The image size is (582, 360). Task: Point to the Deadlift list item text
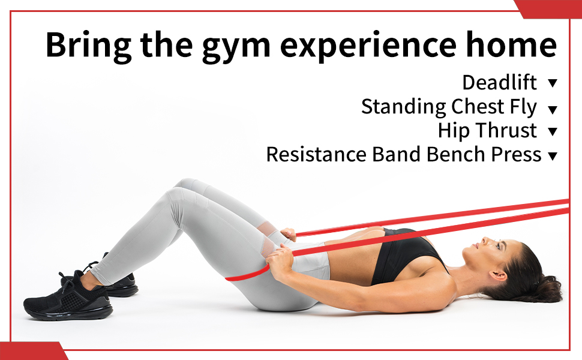[499, 82]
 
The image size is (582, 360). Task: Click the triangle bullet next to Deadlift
[553, 83]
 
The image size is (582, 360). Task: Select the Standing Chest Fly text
[449, 107]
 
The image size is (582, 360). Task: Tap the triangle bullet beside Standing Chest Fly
[553, 109]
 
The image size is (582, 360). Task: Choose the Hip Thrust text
[487, 131]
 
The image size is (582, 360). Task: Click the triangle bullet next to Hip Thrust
[553, 131]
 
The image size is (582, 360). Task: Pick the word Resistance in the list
[316, 154]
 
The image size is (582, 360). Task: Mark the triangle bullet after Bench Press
[553, 156]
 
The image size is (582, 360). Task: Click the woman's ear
[498, 275]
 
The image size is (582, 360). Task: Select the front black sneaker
[68, 299]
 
